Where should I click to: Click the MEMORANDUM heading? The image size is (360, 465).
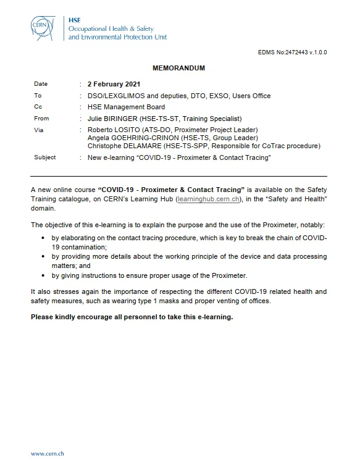pyautogui.click(x=178, y=68)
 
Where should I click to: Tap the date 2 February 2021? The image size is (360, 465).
pyautogui.click(x=114, y=84)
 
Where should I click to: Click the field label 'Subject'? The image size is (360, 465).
pyautogui.click(x=45, y=157)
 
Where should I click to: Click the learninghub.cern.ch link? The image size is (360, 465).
pyautogui.click(x=203, y=201)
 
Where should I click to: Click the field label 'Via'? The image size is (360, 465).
pyautogui.click(x=39, y=130)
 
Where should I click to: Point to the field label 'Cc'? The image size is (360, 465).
pyautogui.click(x=38, y=107)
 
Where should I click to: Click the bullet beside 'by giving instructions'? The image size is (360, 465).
pyautogui.click(x=43, y=275)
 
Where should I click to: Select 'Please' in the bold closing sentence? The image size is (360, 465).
pyautogui.click(x=43, y=316)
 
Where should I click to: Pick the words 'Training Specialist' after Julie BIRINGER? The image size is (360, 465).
pyautogui.click(x=213, y=119)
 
